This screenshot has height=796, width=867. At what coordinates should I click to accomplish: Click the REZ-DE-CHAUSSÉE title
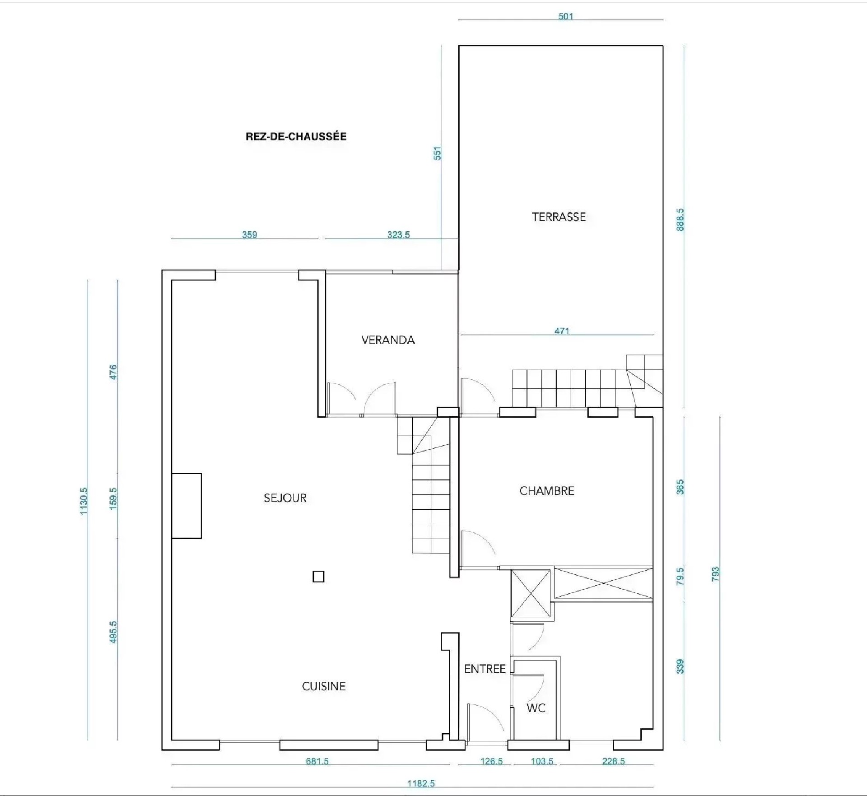coord(296,136)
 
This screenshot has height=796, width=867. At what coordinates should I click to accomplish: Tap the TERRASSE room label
coord(559,217)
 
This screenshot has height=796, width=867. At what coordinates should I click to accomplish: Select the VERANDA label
coord(388,340)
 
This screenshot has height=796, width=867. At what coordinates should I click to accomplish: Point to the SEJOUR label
coord(285,498)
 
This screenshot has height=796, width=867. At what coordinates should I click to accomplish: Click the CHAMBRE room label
coord(547,491)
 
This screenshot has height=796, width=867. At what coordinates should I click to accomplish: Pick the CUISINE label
coord(324,686)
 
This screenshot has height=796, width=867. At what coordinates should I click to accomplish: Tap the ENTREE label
coord(485,669)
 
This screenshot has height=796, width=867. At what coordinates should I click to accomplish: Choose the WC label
coord(536,708)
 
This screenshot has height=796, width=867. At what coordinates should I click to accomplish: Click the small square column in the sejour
coord(318,577)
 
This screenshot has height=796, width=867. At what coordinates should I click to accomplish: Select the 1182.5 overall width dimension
coord(421,783)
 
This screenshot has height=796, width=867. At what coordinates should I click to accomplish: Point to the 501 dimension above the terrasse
coord(565,17)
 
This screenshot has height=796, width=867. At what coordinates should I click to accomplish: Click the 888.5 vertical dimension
coord(681,220)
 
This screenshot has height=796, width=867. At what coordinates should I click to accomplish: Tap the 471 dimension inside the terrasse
coord(562,331)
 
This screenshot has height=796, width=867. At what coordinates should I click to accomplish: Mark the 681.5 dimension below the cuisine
coord(317,762)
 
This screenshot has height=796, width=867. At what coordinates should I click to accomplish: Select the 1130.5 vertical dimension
coord(84,501)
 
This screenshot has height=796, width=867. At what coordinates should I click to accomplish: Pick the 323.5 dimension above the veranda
coord(398,235)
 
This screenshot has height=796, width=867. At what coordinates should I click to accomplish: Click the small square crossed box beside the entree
coord(531,593)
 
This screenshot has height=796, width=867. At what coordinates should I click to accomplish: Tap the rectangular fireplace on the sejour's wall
coord(186,506)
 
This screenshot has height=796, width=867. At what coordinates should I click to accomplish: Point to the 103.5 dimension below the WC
coord(542,762)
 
